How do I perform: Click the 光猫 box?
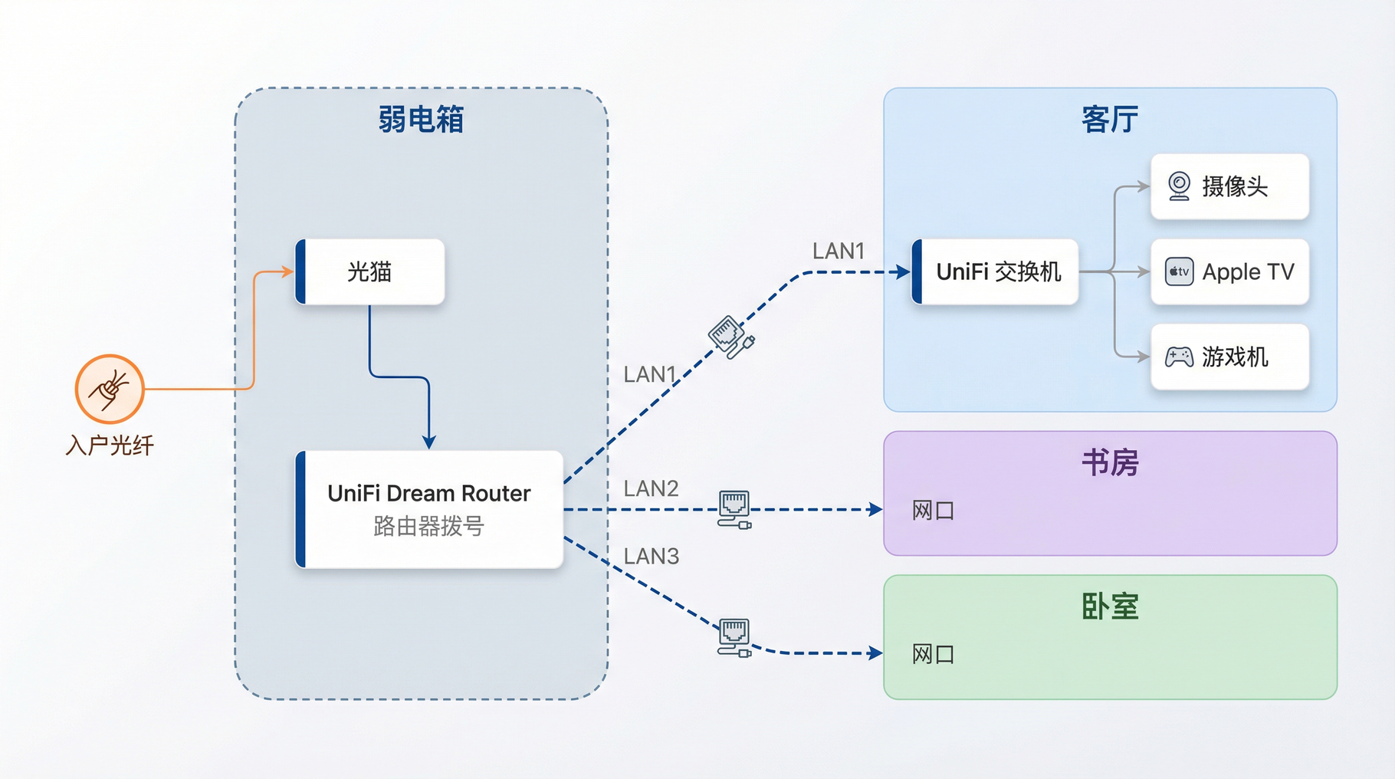coord(370,271)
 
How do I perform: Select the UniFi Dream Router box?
coord(429,509)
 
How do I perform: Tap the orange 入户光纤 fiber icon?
coord(110,389)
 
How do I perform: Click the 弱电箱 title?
coord(421,120)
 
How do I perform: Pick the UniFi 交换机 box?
coord(996,271)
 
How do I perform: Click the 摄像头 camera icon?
coord(1179,186)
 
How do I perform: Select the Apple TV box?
coord(1229,271)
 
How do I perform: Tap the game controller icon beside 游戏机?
coord(1179,357)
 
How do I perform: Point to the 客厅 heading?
coord(1110,120)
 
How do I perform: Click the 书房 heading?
coord(1110,462)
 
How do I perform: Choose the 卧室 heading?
coord(1110,606)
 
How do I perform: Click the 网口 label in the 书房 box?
coord(933,511)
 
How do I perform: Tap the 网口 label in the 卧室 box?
coord(933,654)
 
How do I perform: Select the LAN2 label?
coord(651,488)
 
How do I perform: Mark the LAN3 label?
coord(651,556)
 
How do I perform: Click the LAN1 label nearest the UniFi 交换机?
coord(838,251)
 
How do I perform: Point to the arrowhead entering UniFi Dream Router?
coord(429,442)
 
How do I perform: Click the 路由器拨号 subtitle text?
coord(429,526)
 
